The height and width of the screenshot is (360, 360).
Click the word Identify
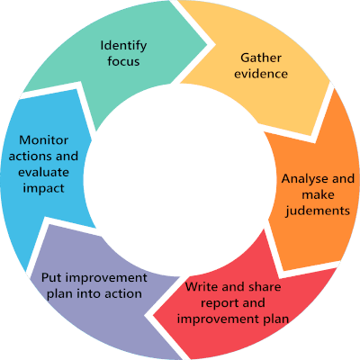[x=123, y=46]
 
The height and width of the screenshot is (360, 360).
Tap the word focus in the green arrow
[x=123, y=61]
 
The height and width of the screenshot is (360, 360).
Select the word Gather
[x=261, y=58]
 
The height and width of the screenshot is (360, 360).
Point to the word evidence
[x=261, y=74]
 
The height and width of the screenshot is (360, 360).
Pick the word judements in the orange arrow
[x=318, y=211]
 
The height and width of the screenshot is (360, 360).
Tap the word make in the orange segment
[x=318, y=194]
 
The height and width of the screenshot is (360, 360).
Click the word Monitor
[x=43, y=140]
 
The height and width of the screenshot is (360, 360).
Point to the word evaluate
[x=43, y=172]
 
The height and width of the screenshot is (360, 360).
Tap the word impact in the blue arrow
[x=43, y=188]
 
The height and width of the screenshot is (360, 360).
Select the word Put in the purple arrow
[x=51, y=277]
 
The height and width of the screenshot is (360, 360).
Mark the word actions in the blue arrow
[x=29, y=156]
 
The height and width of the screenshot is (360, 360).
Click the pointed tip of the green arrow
[x=207, y=45]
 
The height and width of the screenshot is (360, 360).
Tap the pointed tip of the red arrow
[x=153, y=316]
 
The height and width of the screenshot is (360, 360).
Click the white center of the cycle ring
[x=180, y=180]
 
